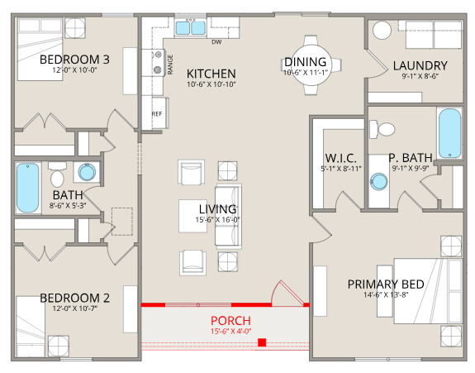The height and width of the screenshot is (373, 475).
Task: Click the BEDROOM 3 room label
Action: pos(74,60)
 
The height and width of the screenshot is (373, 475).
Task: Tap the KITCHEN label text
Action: pos(211,74)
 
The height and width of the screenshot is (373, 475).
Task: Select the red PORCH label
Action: pos(230,321)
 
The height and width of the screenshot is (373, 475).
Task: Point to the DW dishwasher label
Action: pos(216,42)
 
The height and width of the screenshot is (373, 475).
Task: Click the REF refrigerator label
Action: pos(157,114)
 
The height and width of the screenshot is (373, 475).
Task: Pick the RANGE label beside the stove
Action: pos(170,65)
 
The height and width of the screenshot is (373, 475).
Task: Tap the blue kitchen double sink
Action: pos(191,27)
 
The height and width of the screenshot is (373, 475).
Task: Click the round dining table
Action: pos(311,65)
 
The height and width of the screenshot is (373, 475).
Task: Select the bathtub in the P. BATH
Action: pos(450,133)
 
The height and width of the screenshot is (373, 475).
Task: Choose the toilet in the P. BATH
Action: pos(382,129)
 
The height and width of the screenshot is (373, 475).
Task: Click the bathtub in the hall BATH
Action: pos(28,188)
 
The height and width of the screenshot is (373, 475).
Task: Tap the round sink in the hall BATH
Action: pos(87,172)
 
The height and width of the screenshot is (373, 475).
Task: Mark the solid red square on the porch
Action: pos(262,342)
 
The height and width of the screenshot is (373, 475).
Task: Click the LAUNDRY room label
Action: pos(420,65)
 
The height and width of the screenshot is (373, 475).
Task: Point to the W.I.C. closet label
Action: pos(341,158)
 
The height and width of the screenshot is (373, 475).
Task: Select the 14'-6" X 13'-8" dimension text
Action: pos(386,294)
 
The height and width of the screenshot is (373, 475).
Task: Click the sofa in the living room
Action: pos(228,216)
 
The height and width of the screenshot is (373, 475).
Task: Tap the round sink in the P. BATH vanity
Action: pos(378,182)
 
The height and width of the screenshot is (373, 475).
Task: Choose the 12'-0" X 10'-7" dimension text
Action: pos(75,308)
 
